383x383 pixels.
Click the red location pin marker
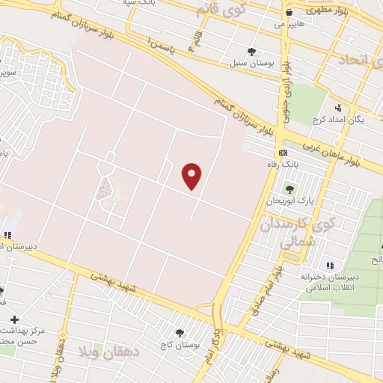point(193,176)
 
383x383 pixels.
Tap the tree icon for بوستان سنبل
point(251,52)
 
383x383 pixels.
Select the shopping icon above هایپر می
point(289,13)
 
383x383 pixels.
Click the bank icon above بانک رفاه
point(282,153)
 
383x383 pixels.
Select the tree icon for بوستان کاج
point(180,332)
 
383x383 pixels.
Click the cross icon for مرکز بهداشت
point(13,319)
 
